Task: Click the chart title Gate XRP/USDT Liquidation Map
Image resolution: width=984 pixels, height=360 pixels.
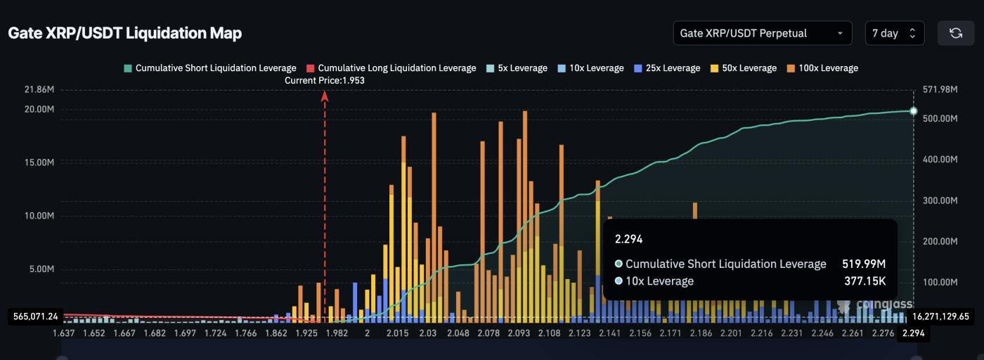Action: (124, 33)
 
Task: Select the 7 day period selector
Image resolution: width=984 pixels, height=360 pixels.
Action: (894, 33)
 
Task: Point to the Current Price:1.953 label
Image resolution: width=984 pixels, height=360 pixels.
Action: (325, 81)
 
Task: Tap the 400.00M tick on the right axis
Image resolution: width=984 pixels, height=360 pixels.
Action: (939, 160)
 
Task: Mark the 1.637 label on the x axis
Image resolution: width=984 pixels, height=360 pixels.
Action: (65, 333)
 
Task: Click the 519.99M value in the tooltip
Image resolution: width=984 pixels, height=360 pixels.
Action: (863, 264)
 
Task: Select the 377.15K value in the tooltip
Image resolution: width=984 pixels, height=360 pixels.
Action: (865, 281)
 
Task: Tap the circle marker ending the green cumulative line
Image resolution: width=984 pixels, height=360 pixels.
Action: (913, 111)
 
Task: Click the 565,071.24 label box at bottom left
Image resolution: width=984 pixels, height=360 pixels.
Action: (35, 316)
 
